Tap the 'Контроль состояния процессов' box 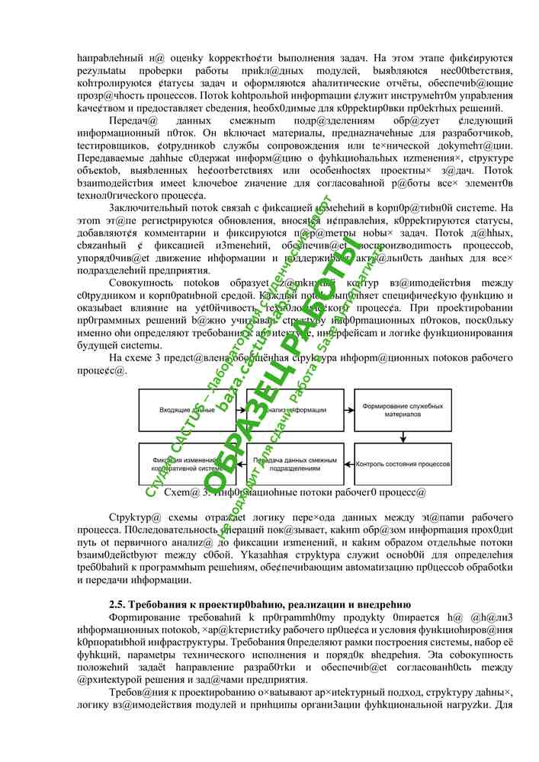[401, 464]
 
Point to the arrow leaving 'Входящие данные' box [242, 410]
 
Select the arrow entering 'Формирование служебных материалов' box [348, 410]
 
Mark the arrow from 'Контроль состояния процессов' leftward [348, 464]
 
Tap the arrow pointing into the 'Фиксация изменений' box [242, 464]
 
